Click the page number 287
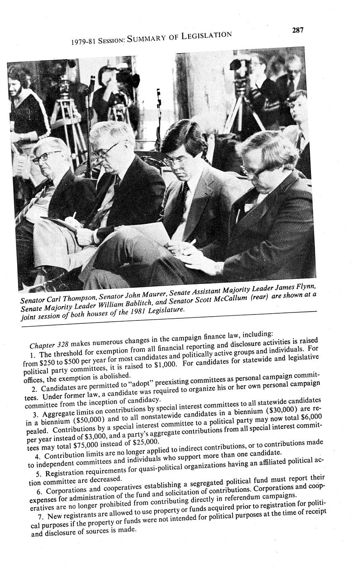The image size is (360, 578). (x=297, y=30)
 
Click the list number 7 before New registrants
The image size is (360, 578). (x=39, y=516)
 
